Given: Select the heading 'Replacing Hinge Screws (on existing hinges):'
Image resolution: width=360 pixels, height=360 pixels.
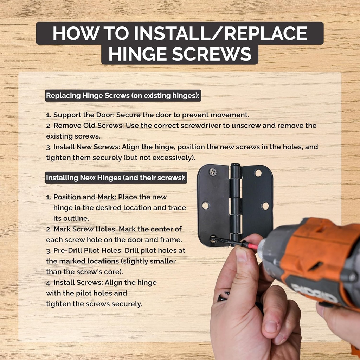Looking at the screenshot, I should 123,96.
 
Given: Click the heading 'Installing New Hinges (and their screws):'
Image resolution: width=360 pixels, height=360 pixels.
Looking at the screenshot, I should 116,178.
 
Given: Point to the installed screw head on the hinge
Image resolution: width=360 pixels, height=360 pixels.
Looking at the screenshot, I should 212,172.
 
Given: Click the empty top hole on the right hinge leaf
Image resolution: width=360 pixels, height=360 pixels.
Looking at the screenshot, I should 258,173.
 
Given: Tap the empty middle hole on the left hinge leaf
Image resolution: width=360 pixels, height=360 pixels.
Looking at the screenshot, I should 205,206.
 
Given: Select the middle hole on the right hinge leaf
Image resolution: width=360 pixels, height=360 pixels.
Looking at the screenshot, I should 265,206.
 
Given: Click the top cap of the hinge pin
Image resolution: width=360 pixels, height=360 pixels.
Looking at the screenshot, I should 235,166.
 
